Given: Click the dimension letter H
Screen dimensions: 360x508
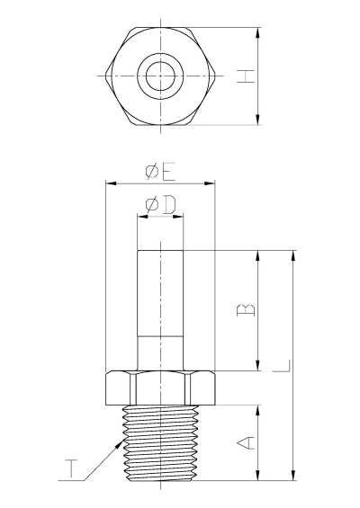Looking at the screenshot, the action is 246,76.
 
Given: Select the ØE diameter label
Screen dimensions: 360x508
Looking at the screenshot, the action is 160,173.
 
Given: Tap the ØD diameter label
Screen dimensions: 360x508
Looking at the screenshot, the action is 160,205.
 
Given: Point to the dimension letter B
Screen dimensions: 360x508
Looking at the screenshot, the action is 247,310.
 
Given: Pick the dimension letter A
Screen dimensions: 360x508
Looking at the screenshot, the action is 247,443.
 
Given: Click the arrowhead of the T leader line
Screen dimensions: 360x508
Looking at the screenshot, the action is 121,442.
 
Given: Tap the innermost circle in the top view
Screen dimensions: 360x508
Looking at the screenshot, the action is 160,76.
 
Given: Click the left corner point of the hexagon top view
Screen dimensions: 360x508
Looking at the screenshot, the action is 106,76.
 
